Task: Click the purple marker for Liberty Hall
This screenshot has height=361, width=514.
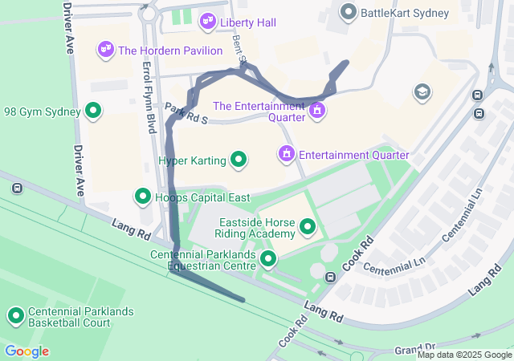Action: [x=208, y=22]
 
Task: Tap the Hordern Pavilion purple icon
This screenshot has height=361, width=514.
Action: [x=106, y=51]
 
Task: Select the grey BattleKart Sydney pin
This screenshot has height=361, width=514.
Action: [x=348, y=12]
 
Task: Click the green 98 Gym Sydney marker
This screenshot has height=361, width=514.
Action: [x=93, y=112]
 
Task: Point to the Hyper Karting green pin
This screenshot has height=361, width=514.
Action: [x=239, y=160]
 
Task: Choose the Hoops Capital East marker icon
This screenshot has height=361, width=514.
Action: [x=143, y=197]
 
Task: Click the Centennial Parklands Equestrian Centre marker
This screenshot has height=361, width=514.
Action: [x=268, y=259]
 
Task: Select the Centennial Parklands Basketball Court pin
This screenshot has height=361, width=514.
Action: [x=16, y=316]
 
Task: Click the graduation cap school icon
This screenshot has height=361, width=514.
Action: [x=422, y=92]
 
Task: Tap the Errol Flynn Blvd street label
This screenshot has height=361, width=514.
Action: [x=149, y=98]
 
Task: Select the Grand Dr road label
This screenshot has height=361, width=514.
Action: [x=414, y=351]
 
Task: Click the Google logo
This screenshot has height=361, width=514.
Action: [x=27, y=351]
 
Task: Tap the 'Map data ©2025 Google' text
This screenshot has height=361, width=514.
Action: [x=464, y=355]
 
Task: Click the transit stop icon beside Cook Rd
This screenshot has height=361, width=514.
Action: [x=330, y=278]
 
